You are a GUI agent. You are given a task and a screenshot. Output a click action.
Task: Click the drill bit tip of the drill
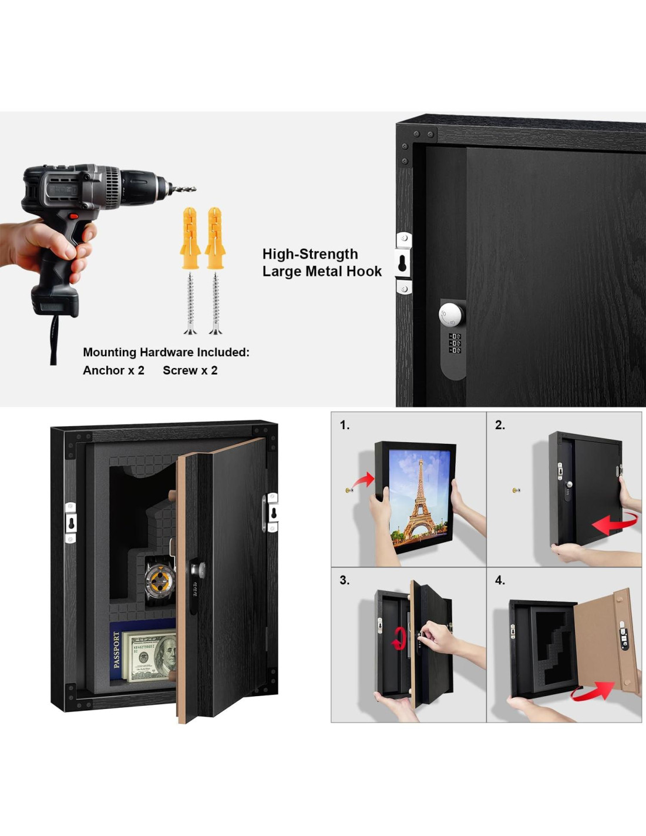coord(196,189)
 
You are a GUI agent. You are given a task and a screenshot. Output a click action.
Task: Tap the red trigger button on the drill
coord(73,216)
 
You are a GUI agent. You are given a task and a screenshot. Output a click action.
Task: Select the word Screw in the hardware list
coord(180,370)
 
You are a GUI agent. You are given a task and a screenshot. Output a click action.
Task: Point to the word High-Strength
coord(310,254)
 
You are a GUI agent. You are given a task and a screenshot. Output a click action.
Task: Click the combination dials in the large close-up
coord(455,343)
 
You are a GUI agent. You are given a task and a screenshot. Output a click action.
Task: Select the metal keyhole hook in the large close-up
coord(403,263)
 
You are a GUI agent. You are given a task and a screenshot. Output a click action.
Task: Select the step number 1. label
coord(345,425)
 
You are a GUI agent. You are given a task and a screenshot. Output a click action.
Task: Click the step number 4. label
coord(500,580)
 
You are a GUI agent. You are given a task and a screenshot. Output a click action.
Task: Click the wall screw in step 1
coord(349,490)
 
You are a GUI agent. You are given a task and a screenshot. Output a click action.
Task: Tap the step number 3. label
coord(345,580)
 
